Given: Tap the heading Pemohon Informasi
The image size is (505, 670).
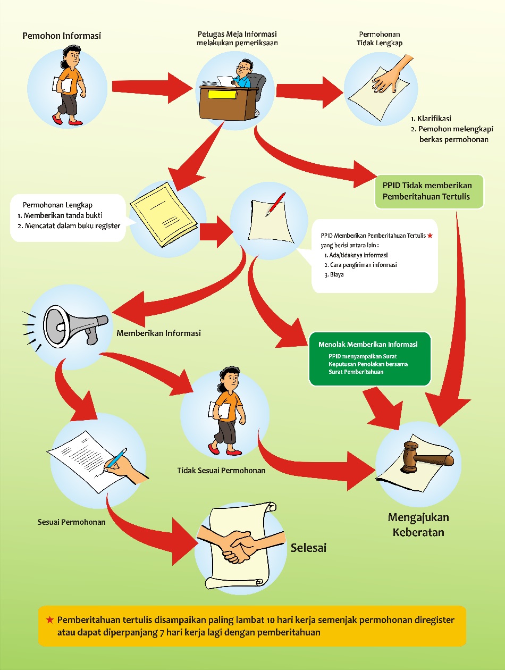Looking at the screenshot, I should click(62, 36).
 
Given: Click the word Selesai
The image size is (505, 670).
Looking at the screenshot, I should click(308, 548).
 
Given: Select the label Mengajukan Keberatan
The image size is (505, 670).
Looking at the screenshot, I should click(418, 524).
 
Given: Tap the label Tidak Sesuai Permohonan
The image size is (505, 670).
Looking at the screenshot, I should click(221, 471).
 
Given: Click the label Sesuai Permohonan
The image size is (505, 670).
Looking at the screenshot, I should click(72, 522).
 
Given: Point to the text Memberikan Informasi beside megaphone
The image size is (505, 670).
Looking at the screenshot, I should click(158, 333).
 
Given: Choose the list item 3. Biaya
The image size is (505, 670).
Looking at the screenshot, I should click(333, 275).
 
